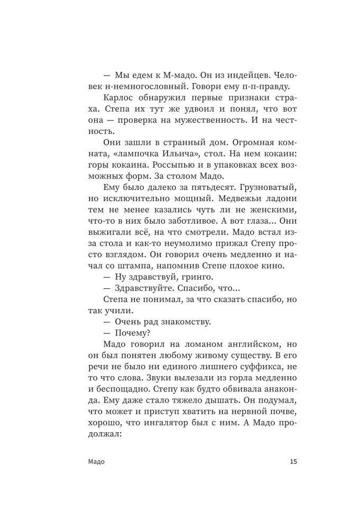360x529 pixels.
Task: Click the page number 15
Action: (293, 461)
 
